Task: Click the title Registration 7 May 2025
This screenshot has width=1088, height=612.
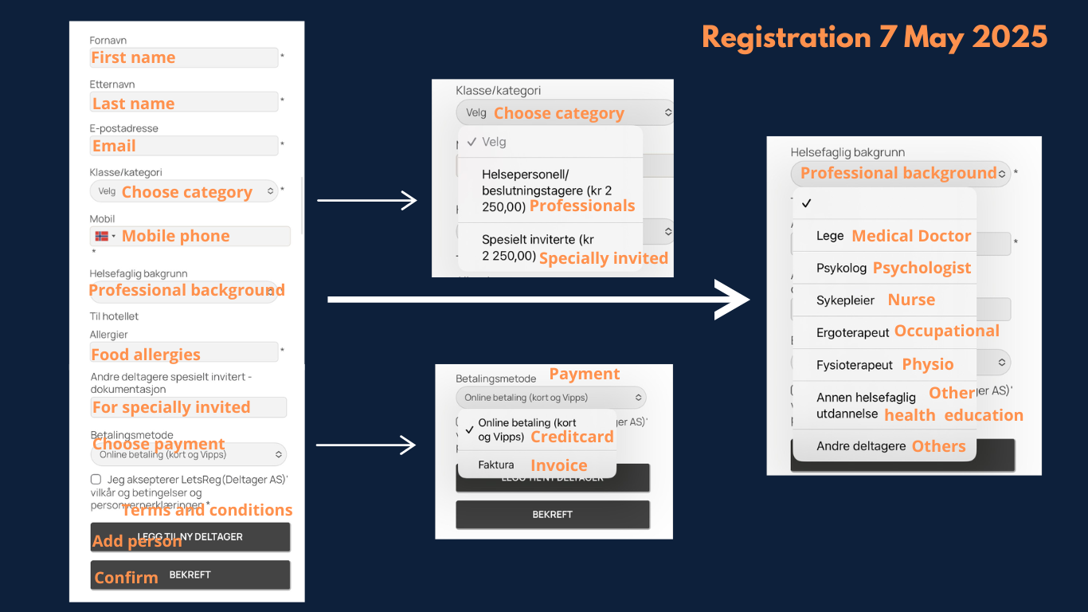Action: coord(875,37)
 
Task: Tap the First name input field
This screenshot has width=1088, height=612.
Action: coord(184,57)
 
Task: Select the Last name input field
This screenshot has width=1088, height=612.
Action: coord(184,103)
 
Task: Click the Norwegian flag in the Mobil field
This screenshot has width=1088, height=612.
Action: coord(102,236)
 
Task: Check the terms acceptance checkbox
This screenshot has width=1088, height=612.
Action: coord(96,480)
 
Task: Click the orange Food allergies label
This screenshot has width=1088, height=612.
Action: coord(146,355)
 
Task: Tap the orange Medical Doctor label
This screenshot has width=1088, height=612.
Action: coord(911,236)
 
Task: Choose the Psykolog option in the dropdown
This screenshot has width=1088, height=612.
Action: coord(841,269)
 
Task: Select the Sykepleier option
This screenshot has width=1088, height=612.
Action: coord(845,300)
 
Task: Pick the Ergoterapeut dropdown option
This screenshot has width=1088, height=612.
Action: coord(852,332)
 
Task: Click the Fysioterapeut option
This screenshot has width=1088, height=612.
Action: coord(855,365)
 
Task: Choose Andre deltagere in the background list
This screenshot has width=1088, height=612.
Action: coord(860,446)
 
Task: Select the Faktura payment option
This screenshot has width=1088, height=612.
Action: coord(496,465)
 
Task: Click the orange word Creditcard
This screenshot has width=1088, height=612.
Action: coord(572,437)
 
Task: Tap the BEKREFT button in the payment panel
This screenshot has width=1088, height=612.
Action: coord(552,515)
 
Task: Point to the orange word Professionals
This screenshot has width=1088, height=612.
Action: coord(582,206)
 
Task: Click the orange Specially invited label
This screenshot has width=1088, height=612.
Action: coord(603,258)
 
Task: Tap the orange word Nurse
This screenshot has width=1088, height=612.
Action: coord(911,300)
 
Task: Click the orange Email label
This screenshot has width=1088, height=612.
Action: coord(114,146)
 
